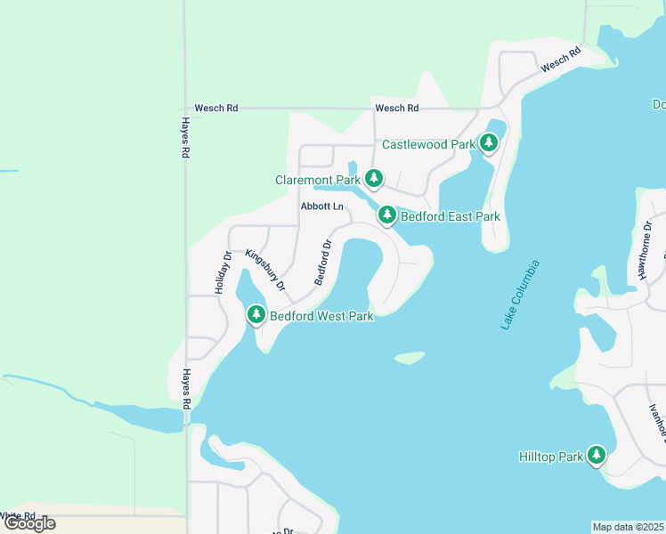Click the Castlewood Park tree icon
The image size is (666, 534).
488,142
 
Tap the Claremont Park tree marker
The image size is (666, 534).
374,179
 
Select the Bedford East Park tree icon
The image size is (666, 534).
386,215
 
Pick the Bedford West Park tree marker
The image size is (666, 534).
256,314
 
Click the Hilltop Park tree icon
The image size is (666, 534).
596,456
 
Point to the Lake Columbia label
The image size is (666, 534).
520,295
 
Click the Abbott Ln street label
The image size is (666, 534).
322,206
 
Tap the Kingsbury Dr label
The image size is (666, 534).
264,271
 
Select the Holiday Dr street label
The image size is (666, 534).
223,272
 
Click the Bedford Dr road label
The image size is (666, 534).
322,262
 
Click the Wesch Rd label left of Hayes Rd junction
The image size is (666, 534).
216,108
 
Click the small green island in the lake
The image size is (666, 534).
410,358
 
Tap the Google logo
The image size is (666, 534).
28,523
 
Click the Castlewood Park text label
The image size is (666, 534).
427,144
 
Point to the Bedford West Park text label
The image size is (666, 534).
321,316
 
